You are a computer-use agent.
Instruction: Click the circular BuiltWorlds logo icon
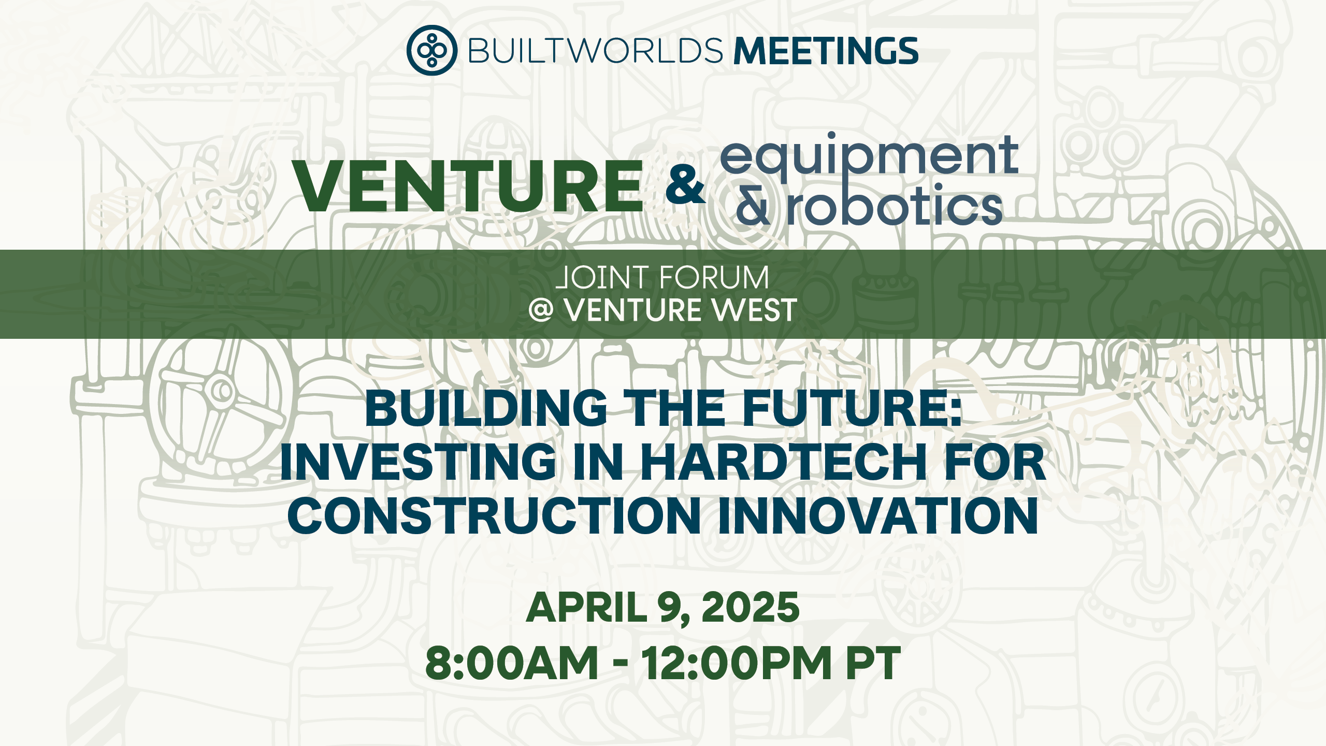(x=431, y=50)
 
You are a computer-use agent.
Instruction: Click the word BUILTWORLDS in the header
(x=595, y=51)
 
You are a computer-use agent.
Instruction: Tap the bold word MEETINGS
(x=826, y=51)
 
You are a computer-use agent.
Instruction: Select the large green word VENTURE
(x=468, y=187)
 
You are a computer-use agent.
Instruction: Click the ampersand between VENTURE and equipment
(x=685, y=185)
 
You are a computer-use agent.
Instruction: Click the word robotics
(x=895, y=207)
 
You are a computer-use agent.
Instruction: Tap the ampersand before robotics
(x=753, y=207)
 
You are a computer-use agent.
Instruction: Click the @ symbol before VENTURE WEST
(x=541, y=311)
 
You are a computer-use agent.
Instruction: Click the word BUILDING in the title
(x=486, y=409)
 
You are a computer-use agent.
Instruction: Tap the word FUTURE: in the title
(x=852, y=409)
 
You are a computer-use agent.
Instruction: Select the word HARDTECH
(x=783, y=462)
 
